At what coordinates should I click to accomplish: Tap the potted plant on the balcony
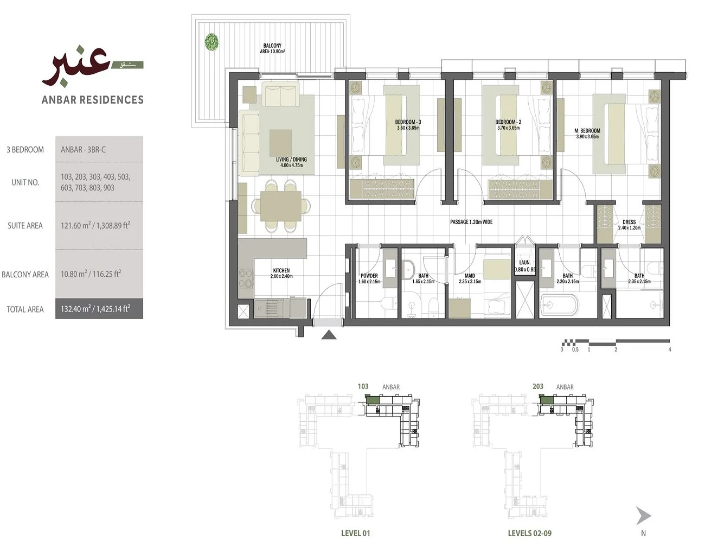(211, 42)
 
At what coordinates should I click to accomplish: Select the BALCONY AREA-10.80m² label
(272, 49)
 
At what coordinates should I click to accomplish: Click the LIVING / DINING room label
(291, 162)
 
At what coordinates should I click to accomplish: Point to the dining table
(280, 207)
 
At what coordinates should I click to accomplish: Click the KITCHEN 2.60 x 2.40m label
(281, 273)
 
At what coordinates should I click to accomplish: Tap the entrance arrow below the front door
(329, 335)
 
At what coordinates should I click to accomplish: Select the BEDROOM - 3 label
(408, 125)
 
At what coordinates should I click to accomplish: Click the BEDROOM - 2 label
(508, 125)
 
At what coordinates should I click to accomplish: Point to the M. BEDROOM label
(587, 134)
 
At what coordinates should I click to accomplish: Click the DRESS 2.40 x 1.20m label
(629, 225)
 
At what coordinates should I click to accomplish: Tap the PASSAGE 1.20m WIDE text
(471, 222)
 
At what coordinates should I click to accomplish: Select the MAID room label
(470, 278)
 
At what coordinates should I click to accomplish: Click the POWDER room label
(369, 278)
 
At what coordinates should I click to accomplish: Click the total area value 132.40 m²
(95, 309)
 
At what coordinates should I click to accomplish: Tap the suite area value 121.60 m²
(95, 225)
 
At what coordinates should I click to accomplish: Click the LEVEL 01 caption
(355, 534)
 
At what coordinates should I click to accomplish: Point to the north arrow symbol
(643, 516)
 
